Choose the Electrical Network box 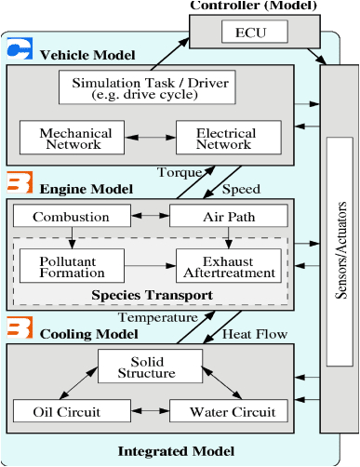tap(225, 139)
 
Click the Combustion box tap(71, 217)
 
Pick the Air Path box tap(223, 217)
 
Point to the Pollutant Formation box tap(66, 266)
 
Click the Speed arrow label tap(240, 189)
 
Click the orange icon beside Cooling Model tap(20, 328)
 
